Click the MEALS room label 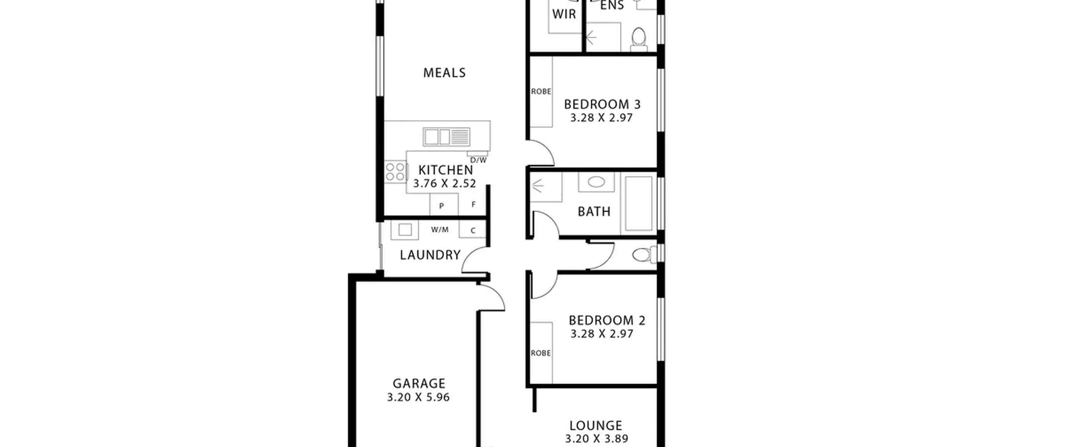[x=444, y=73]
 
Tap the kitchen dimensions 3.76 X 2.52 [x=444, y=183]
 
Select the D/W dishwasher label [x=478, y=160]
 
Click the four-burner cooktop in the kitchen [x=395, y=172]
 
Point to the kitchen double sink [x=446, y=137]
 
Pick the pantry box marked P [x=443, y=205]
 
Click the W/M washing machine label [x=440, y=230]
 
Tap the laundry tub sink [x=404, y=230]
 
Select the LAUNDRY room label [x=430, y=255]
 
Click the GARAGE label [x=419, y=383]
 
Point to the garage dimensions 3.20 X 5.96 [x=419, y=398]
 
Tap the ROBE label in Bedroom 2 [x=541, y=353]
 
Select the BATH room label [x=594, y=212]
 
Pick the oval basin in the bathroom [x=596, y=182]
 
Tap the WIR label [x=564, y=14]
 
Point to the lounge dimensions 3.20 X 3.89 [x=597, y=439]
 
